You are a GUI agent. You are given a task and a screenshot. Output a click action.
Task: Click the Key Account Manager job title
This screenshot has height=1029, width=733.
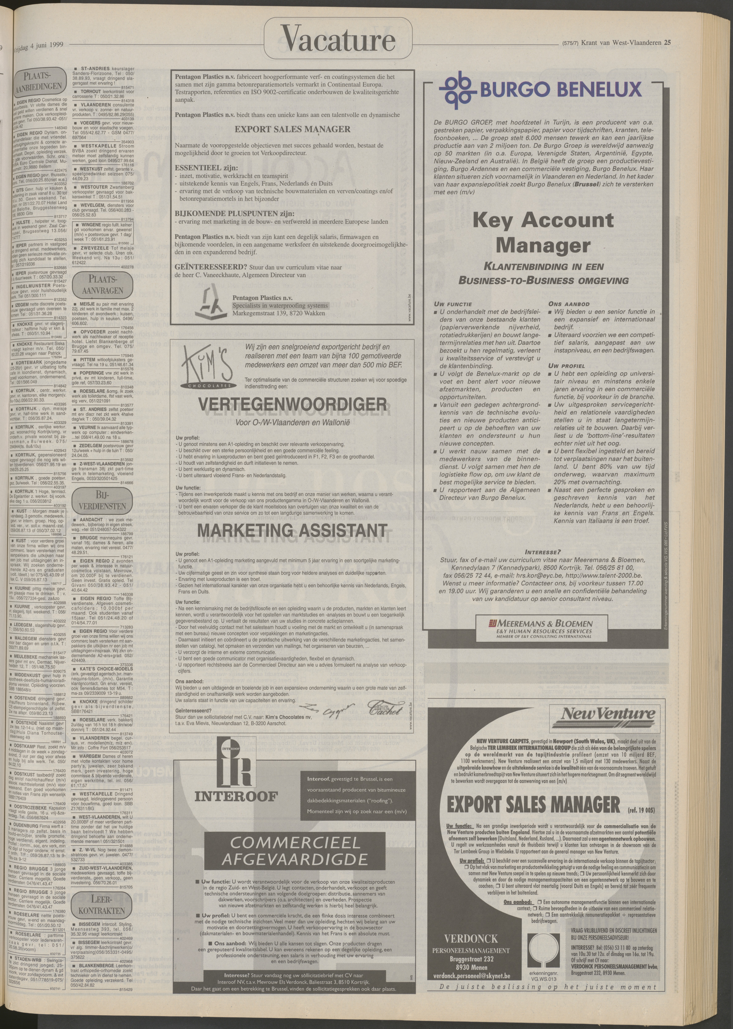(543, 233)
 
